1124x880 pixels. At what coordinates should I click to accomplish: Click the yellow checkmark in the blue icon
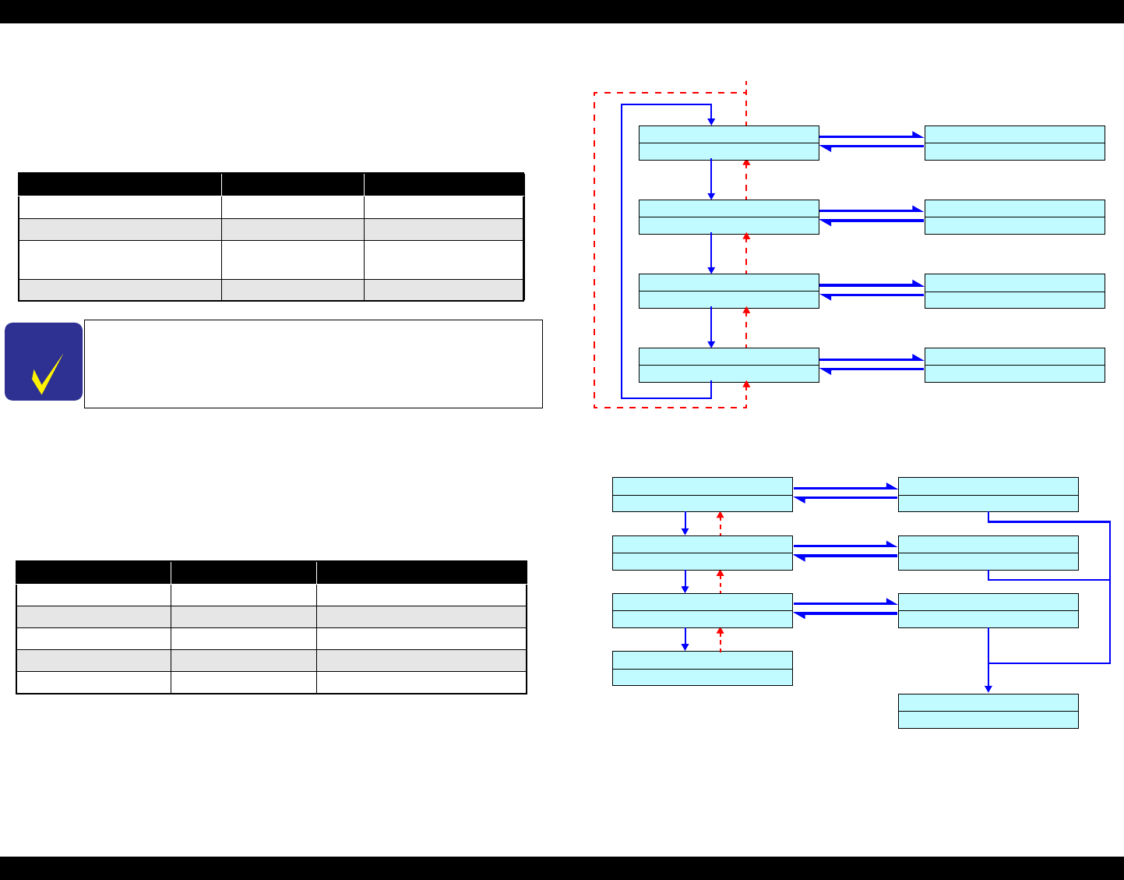click(x=47, y=374)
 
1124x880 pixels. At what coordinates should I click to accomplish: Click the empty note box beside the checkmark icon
click(x=312, y=363)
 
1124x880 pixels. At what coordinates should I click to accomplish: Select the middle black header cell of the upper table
click(x=292, y=184)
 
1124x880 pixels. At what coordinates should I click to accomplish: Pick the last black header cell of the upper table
click(x=444, y=184)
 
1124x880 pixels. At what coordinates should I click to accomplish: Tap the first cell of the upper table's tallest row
click(x=120, y=260)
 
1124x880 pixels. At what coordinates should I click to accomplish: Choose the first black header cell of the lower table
click(x=93, y=571)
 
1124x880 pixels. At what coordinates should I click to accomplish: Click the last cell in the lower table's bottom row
click(x=421, y=683)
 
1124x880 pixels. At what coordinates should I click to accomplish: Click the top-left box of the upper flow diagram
click(x=728, y=143)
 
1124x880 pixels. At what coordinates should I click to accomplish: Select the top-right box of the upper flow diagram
click(x=1014, y=143)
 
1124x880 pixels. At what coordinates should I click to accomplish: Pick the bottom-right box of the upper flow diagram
click(x=1014, y=365)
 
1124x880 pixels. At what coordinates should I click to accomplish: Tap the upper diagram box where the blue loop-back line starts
click(x=728, y=365)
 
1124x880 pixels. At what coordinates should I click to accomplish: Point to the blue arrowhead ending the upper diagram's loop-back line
click(x=711, y=122)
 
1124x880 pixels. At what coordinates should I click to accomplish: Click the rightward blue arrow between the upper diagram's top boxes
click(x=871, y=136)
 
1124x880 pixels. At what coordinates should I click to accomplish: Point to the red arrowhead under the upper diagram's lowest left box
click(x=746, y=384)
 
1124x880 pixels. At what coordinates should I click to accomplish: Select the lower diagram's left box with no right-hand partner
click(x=702, y=668)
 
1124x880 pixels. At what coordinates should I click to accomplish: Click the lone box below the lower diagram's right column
click(x=988, y=711)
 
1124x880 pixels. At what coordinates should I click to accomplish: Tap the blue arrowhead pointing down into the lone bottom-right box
click(x=988, y=689)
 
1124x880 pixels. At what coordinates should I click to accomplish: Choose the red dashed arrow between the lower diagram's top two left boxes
click(x=721, y=523)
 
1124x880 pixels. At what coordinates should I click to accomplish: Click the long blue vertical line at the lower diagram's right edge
click(x=1109, y=592)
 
